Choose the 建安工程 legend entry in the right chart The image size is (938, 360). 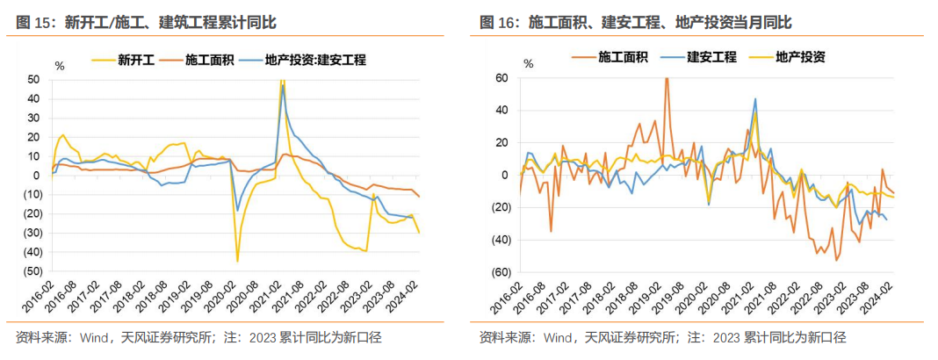click(711, 58)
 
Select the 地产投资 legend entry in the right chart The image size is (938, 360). click(799, 58)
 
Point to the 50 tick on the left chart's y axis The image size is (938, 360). click(33, 79)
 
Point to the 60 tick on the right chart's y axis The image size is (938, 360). click(502, 78)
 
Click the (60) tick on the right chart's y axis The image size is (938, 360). click(501, 271)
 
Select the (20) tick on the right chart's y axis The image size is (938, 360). click(501, 207)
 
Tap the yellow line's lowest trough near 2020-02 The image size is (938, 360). click(237, 261)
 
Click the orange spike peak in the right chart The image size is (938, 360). click(667, 78)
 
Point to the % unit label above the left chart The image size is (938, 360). click(60, 65)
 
